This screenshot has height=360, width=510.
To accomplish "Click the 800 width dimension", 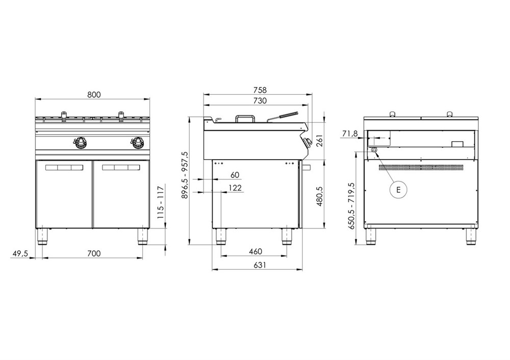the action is pyautogui.click(x=94, y=95).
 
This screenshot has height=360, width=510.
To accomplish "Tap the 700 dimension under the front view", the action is pyautogui.click(x=94, y=253).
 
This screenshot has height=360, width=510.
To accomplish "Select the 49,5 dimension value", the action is pyautogui.click(x=20, y=253).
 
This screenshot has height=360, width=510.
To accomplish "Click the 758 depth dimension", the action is pyautogui.click(x=260, y=90).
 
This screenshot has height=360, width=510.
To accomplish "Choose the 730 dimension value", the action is pyautogui.click(x=260, y=100).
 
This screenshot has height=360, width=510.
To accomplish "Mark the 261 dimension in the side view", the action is pyautogui.click(x=319, y=141).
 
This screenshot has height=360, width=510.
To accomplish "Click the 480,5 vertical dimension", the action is pyautogui.click(x=319, y=196).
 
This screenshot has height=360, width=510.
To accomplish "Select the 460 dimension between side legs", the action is pyautogui.click(x=256, y=251).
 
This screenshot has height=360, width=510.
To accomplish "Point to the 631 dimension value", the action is pyautogui.click(x=260, y=265).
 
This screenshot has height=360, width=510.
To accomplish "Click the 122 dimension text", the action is pyautogui.click(x=235, y=188).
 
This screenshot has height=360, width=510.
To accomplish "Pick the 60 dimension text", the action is pyautogui.click(x=235, y=175).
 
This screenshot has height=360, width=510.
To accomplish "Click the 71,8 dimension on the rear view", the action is pyautogui.click(x=350, y=133).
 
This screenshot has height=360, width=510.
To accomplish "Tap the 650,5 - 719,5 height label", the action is pyautogui.click(x=351, y=206).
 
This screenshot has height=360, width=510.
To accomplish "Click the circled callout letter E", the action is pyautogui.click(x=398, y=190).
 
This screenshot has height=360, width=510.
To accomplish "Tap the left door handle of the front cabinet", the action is pyautogui.click(x=64, y=168).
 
